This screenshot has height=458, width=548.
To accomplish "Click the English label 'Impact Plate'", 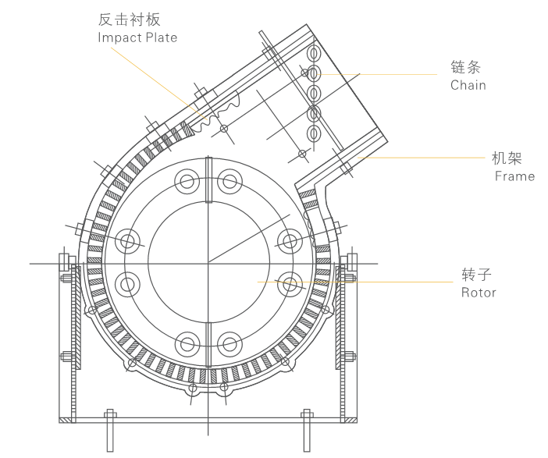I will [137, 37].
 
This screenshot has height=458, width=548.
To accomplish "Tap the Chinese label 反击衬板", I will [129, 19].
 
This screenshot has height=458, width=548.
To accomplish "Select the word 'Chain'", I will [468, 85].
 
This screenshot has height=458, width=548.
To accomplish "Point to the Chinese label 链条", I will [465, 66].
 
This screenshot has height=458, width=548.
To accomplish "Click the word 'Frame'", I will [514, 176].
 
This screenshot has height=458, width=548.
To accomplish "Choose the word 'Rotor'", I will [479, 293].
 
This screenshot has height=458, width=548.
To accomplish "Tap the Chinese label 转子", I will [476, 274].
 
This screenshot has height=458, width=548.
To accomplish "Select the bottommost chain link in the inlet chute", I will [314, 133].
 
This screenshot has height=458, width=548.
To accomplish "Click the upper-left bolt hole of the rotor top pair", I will [187, 183].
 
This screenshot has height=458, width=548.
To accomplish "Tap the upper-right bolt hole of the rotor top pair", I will [230, 183].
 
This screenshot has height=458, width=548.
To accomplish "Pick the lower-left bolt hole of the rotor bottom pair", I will [187, 343].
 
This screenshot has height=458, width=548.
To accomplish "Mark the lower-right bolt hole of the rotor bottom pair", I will [230, 343].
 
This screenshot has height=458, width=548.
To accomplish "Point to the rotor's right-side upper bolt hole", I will [290, 241].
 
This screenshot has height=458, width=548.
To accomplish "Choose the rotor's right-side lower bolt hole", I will [290, 283].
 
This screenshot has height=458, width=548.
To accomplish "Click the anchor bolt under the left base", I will [110, 429].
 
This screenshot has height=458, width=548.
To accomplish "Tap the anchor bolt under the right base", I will [307, 429].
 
